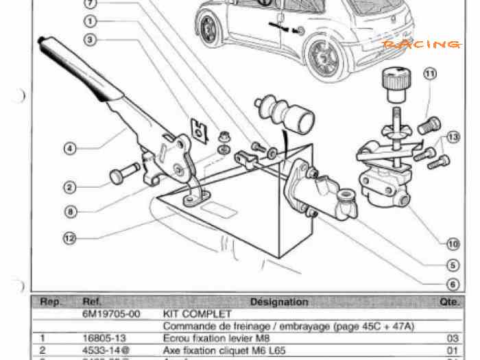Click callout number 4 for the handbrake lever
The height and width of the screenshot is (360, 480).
69,147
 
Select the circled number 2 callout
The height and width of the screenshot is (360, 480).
69,187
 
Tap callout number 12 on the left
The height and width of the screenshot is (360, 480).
69,239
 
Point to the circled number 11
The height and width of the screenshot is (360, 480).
430,74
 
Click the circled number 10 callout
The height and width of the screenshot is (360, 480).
453,243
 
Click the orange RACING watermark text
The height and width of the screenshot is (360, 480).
421,45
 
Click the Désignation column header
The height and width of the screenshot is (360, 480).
279,302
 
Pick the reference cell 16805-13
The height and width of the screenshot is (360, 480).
101,338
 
